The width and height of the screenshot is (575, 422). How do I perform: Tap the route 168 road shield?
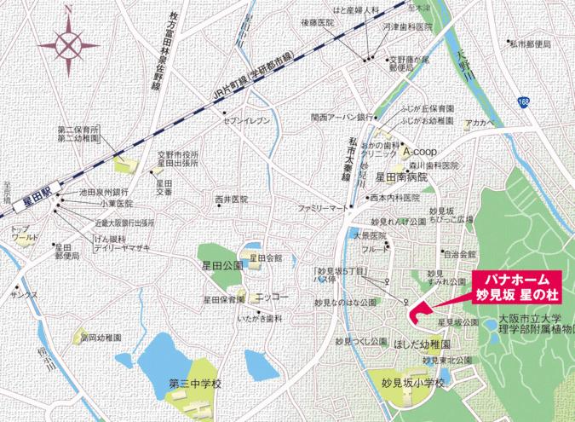(x=520, y=101)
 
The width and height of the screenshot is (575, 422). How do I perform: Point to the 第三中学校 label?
(x=195, y=382)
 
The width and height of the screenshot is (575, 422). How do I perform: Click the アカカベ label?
(x=480, y=123)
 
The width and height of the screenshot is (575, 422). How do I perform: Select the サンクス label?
(x=24, y=294)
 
